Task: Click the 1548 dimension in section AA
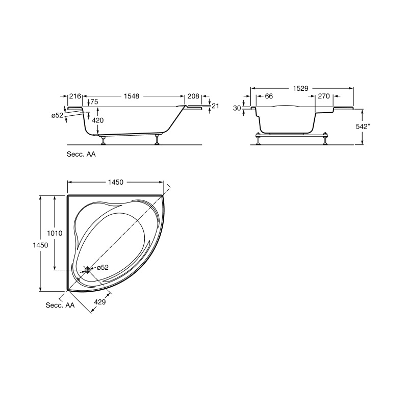pyautogui.click(x=132, y=96)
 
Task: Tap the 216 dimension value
pyautogui.click(x=75, y=96)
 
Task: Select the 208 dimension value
pyautogui.click(x=193, y=96)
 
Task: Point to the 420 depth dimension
pyautogui.click(x=98, y=120)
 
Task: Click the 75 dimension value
pyautogui.click(x=94, y=101)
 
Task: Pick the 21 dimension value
pyautogui.click(x=215, y=106)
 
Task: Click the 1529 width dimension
pyautogui.click(x=300, y=88)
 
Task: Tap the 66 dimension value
pyautogui.click(x=269, y=96)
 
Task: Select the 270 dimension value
pyautogui.click(x=324, y=96)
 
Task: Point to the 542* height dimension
pyautogui.click(x=363, y=126)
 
